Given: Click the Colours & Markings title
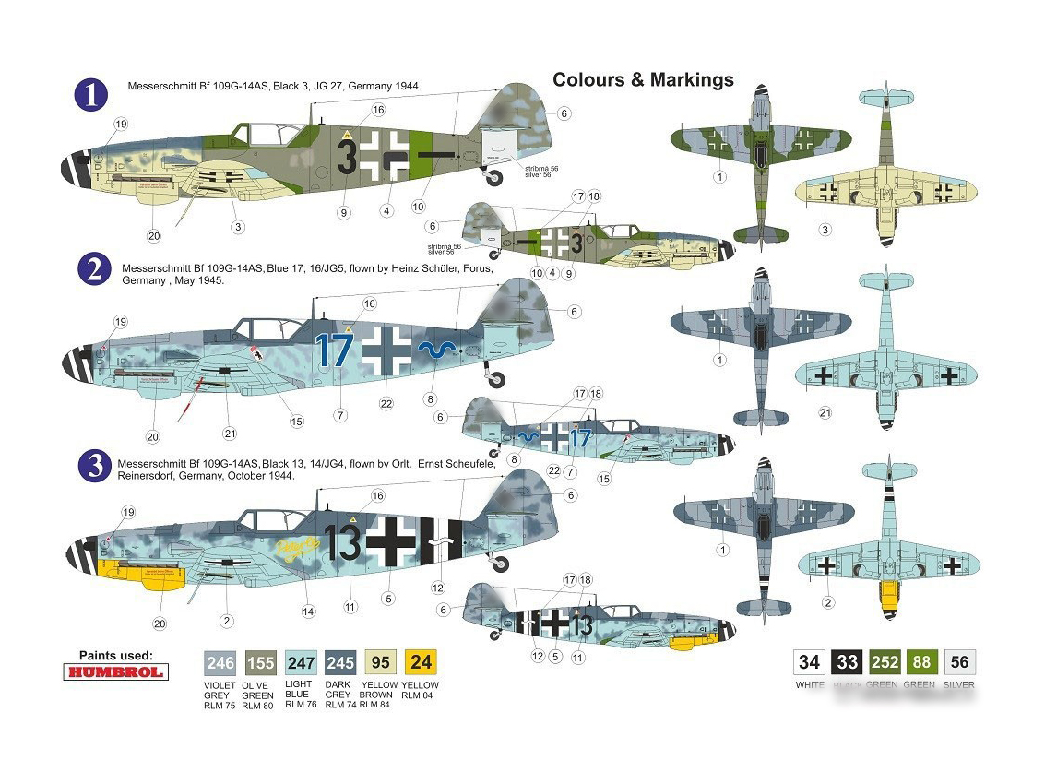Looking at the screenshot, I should [x=643, y=79].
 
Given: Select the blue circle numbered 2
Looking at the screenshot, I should [x=93, y=270].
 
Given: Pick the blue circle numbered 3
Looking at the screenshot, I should [x=95, y=467].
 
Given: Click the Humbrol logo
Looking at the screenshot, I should [x=115, y=671].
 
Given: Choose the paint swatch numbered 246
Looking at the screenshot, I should [x=220, y=661].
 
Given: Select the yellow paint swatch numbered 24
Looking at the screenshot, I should [x=421, y=661].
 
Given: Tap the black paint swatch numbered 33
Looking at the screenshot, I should [x=847, y=661].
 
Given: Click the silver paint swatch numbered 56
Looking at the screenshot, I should [x=960, y=661].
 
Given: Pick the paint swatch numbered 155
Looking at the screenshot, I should [x=260, y=661].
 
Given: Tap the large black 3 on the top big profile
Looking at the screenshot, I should [x=347, y=158].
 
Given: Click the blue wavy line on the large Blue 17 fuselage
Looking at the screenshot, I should [x=437, y=348].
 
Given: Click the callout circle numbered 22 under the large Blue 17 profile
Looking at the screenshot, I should [x=386, y=402].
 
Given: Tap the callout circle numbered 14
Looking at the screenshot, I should [x=309, y=611].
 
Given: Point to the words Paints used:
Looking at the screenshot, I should [x=115, y=655].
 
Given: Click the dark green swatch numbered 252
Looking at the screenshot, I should [x=885, y=661].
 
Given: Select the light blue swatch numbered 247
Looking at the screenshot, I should [x=301, y=661].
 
